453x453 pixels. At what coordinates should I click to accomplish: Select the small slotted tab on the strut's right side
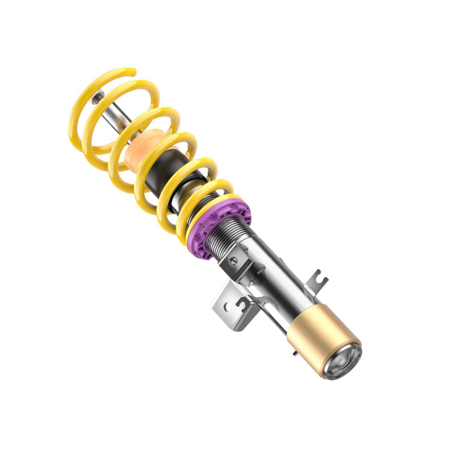point(318,280)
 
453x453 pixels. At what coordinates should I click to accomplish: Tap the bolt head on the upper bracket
point(234,261)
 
